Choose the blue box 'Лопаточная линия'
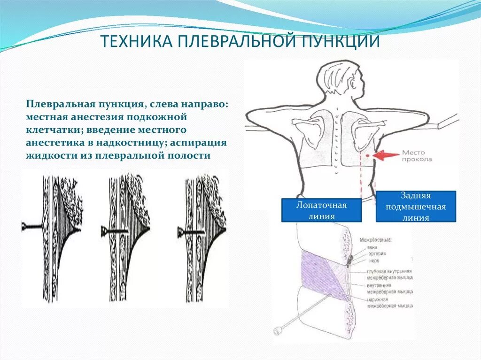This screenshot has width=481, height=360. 321,210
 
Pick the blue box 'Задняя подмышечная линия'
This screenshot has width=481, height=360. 416,207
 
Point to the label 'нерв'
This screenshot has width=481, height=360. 374,260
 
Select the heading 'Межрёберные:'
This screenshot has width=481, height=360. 379,240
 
